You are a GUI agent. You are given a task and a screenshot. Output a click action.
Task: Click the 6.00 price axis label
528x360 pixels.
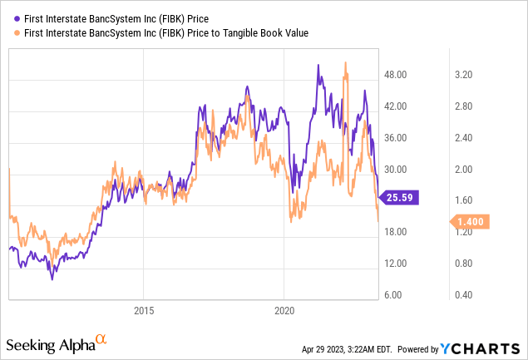(397, 295)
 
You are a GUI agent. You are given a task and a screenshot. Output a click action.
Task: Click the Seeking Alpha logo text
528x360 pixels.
(49, 343)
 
